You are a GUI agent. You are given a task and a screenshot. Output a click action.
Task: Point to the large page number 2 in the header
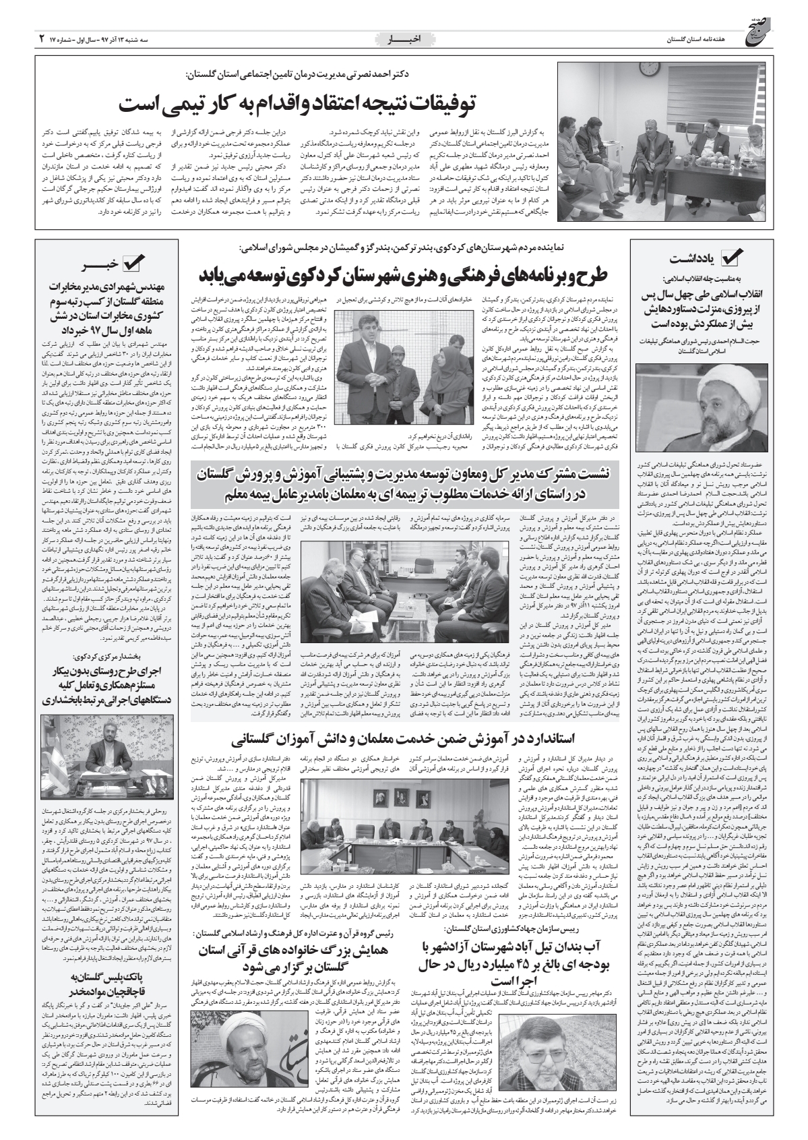(41, 40)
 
